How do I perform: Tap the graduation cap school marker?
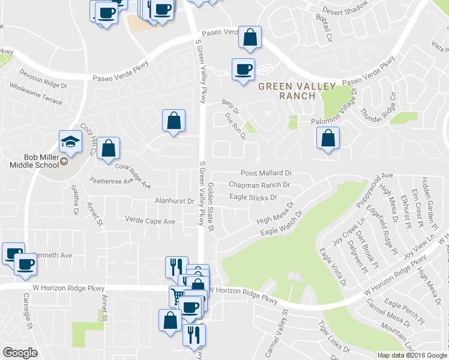pos(70,143)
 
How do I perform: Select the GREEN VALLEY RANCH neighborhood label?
pos(297,91)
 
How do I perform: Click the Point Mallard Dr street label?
pos(266,172)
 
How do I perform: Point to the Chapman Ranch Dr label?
pos(259,185)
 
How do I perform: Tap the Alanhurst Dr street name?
pos(174,202)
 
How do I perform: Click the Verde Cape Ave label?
pos(150,221)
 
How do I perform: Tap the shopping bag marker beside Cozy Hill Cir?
pos(109,148)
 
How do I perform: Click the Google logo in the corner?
pos(20,353)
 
